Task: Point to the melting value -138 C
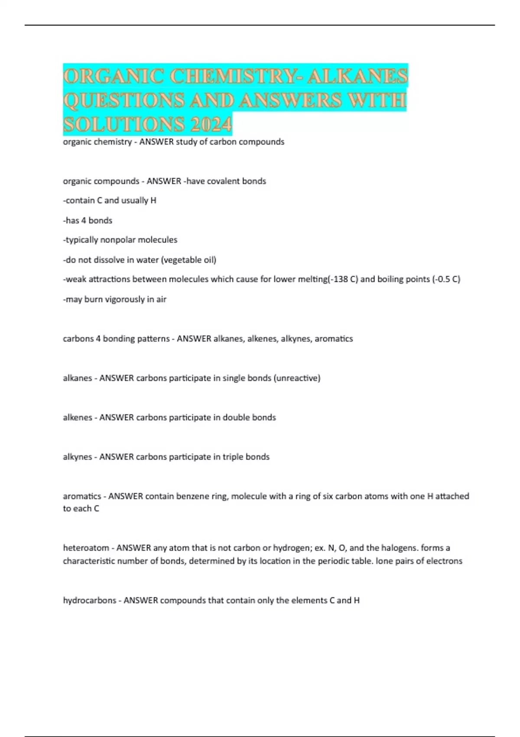coord(343,279)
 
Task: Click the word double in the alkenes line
coord(234,417)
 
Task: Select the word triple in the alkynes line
coord(233,457)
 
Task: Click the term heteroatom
coord(86,548)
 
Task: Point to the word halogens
coord(397,548)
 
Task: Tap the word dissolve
coord(114,260)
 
